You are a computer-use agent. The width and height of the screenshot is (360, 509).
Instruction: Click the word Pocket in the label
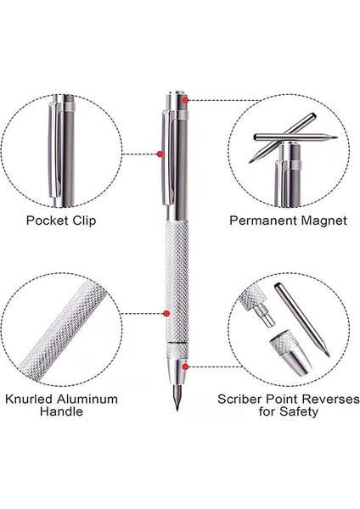point(47,221)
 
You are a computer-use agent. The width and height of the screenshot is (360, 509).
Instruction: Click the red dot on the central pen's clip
point(160,154)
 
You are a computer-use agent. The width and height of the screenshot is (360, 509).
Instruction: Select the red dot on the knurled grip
point(166,313)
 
